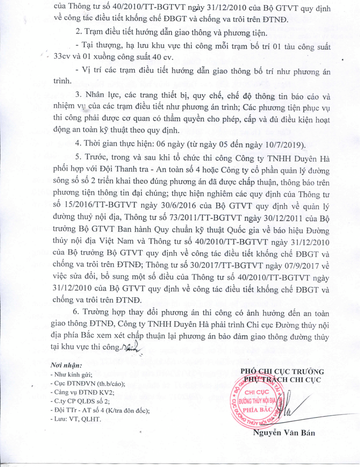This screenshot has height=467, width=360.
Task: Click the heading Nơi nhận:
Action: click(66, 366)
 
